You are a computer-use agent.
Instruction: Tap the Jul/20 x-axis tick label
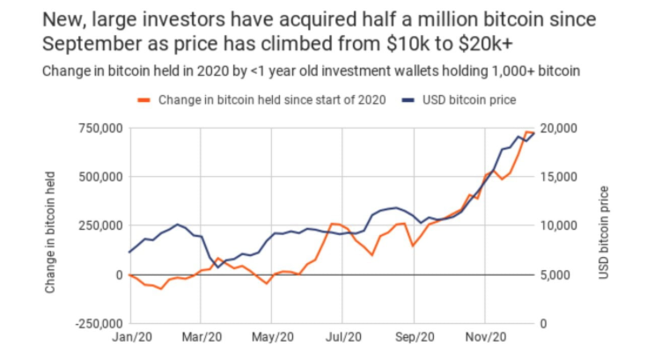click(344, 336)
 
